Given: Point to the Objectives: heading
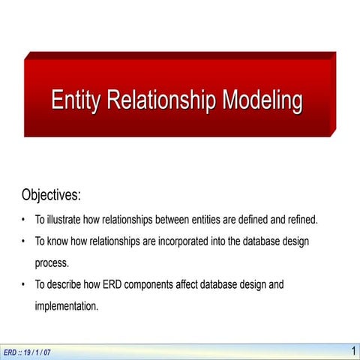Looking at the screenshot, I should tap(51, 196).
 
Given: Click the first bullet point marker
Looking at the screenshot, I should tap(25, 220).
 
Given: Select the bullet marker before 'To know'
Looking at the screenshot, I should tap(25, 242).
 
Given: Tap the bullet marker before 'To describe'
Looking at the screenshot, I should tap(25, 285).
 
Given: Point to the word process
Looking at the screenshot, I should tap(52, 263).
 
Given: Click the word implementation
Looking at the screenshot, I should tap(66, 306).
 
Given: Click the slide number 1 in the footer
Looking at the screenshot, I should tap(352, 351).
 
